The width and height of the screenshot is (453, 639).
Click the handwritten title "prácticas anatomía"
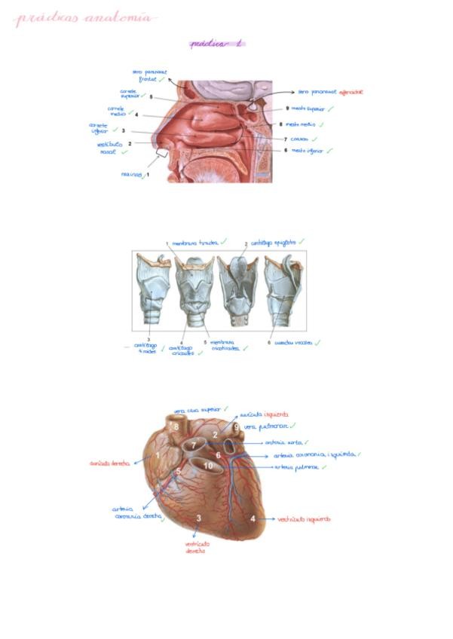point(84,18)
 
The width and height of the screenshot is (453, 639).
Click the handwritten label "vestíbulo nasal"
point(109,147)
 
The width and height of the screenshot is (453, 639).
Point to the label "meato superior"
point(308,109)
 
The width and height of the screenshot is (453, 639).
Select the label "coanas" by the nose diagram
point(299,139)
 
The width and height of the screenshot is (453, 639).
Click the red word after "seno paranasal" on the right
point(352,90)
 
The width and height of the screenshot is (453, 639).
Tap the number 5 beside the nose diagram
point(152,97)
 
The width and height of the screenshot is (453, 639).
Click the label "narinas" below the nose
point(132,175)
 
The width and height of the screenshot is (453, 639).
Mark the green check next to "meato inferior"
point(329,151)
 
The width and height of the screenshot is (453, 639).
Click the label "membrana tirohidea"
point(194,243)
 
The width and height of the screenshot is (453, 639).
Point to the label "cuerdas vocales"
point(294,343)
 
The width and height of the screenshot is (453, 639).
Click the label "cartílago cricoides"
point(181,350)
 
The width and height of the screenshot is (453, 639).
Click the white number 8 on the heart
point(176,428)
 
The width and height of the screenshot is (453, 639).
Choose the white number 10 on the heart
point(208,466)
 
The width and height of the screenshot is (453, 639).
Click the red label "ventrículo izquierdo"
point(304,519)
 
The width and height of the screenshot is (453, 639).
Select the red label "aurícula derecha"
point(110,463)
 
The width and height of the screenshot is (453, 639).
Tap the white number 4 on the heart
point(253,518)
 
